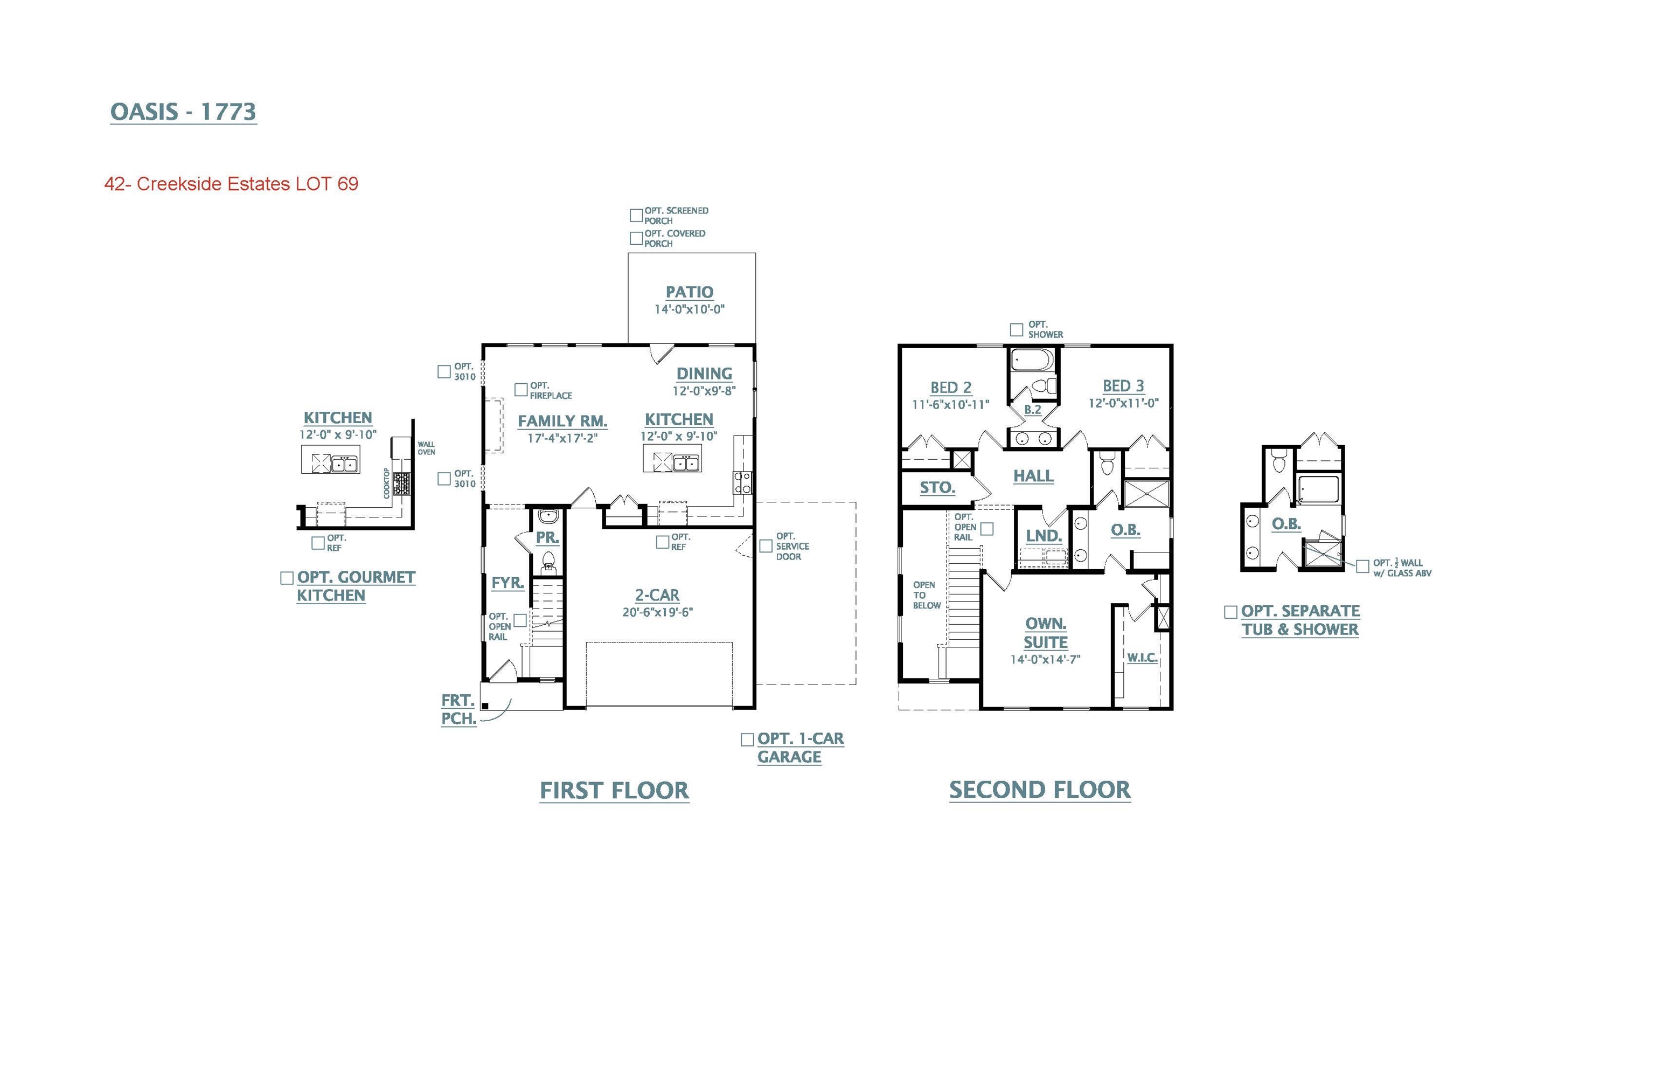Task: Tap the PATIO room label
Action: (690, 292)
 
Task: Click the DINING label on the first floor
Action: (704, 374)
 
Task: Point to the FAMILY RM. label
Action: (562, 421)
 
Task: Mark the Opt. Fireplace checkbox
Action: (520, 390)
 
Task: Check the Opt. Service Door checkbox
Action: (766, 546)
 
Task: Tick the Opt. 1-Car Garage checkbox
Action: (747, 740)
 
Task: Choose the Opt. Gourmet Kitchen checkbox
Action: (287, 578)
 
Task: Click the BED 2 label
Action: (951, 388)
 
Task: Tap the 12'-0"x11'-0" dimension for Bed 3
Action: (1123, 403)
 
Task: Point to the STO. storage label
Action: (937, 487)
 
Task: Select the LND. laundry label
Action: (1044, 536)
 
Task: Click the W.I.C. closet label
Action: (1142, 657)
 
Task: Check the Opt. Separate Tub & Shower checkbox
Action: (1230, 612)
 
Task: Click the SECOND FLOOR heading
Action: (1040, 790)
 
